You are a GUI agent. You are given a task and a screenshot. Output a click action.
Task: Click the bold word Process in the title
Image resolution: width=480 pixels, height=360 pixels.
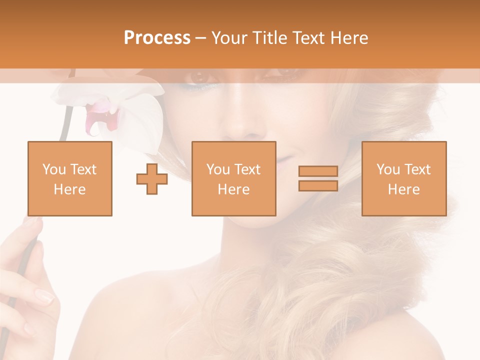(157, 37)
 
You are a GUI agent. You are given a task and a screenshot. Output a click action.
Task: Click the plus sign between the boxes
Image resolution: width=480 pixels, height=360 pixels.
(152, 178)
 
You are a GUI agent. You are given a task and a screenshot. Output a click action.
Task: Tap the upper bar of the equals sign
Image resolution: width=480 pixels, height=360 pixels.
(318, 171)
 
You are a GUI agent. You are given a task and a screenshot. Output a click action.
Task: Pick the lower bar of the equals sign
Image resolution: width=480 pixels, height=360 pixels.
(318, 185)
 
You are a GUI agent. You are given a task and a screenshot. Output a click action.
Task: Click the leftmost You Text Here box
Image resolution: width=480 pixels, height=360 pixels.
(69, 178)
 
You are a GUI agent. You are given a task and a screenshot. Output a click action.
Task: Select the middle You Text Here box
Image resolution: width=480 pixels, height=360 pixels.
(233, 178)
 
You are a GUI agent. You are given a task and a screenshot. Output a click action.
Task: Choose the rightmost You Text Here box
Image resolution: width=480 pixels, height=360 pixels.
(403, 178)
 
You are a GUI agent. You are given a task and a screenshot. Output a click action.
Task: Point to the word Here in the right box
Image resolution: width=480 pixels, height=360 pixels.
(403, 189)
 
